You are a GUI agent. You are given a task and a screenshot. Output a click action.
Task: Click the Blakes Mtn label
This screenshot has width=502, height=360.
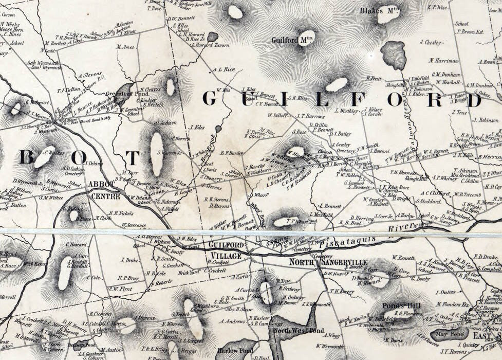point(380,10)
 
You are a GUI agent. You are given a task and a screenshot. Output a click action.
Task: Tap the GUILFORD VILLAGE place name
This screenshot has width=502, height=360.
point(226,250)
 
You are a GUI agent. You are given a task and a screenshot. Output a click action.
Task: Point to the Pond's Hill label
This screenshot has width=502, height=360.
point(401,305)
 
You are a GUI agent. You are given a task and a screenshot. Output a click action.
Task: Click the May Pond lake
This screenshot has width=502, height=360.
point(445,334)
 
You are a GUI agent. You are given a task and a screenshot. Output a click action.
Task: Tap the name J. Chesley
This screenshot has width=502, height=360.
point(431,43)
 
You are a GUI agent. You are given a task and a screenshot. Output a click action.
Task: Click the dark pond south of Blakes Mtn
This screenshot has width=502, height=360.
point(394,55)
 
